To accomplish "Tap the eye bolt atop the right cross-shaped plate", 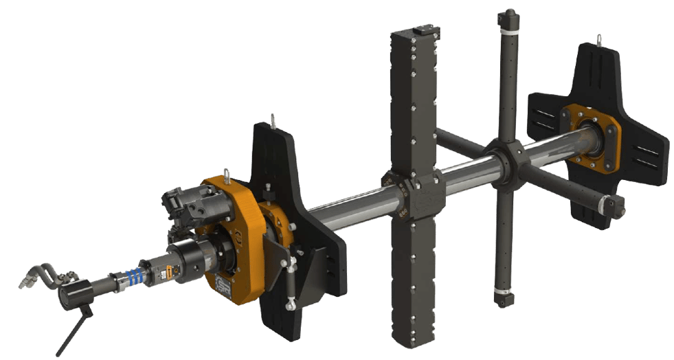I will click(599, 39).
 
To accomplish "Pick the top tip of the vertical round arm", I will click(510, 15).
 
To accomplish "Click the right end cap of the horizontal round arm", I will click(614, 204).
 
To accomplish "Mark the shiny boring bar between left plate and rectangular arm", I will click(350, 202).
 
